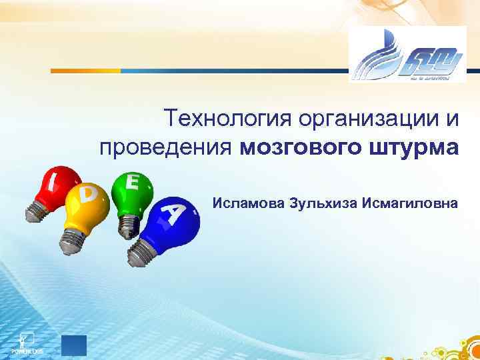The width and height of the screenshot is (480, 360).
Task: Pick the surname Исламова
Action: click(247, 201)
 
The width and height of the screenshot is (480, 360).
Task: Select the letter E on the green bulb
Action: click(133, 181)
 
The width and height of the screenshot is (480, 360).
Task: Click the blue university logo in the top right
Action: click(407, 55)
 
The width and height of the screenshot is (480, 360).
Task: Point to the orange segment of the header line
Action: click(87, 70)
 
